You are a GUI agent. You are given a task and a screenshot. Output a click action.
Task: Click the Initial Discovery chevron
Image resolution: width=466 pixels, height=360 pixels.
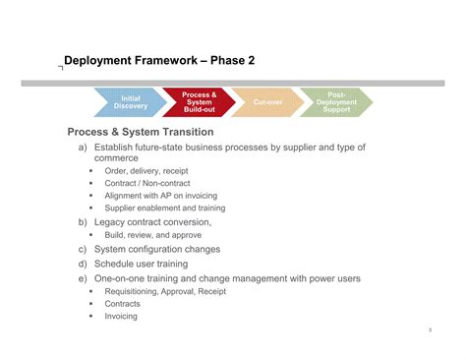point(130,102)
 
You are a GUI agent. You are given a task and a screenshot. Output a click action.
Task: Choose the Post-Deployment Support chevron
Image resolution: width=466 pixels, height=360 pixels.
point(335,102)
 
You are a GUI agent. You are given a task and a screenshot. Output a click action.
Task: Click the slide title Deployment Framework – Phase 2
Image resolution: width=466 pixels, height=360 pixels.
point(159,61)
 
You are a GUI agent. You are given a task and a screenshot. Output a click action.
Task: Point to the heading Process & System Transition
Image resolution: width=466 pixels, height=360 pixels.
point(140,132)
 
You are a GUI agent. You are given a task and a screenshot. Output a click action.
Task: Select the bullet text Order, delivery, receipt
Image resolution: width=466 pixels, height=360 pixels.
point(146,171)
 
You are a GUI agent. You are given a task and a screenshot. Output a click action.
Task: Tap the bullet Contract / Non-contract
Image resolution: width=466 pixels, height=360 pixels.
point(147,183)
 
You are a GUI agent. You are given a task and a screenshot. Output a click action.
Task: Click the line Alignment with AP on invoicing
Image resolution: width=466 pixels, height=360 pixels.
point(160,196)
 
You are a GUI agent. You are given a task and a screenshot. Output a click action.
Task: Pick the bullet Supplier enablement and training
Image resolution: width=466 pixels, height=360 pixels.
point(164,209)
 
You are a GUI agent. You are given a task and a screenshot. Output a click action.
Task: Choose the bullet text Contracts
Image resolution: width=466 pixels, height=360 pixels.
point(123,304)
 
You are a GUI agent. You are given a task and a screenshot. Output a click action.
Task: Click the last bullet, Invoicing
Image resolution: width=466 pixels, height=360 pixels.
point(121,316)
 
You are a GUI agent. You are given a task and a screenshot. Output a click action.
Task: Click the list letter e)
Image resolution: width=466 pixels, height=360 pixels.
point(84,278)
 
